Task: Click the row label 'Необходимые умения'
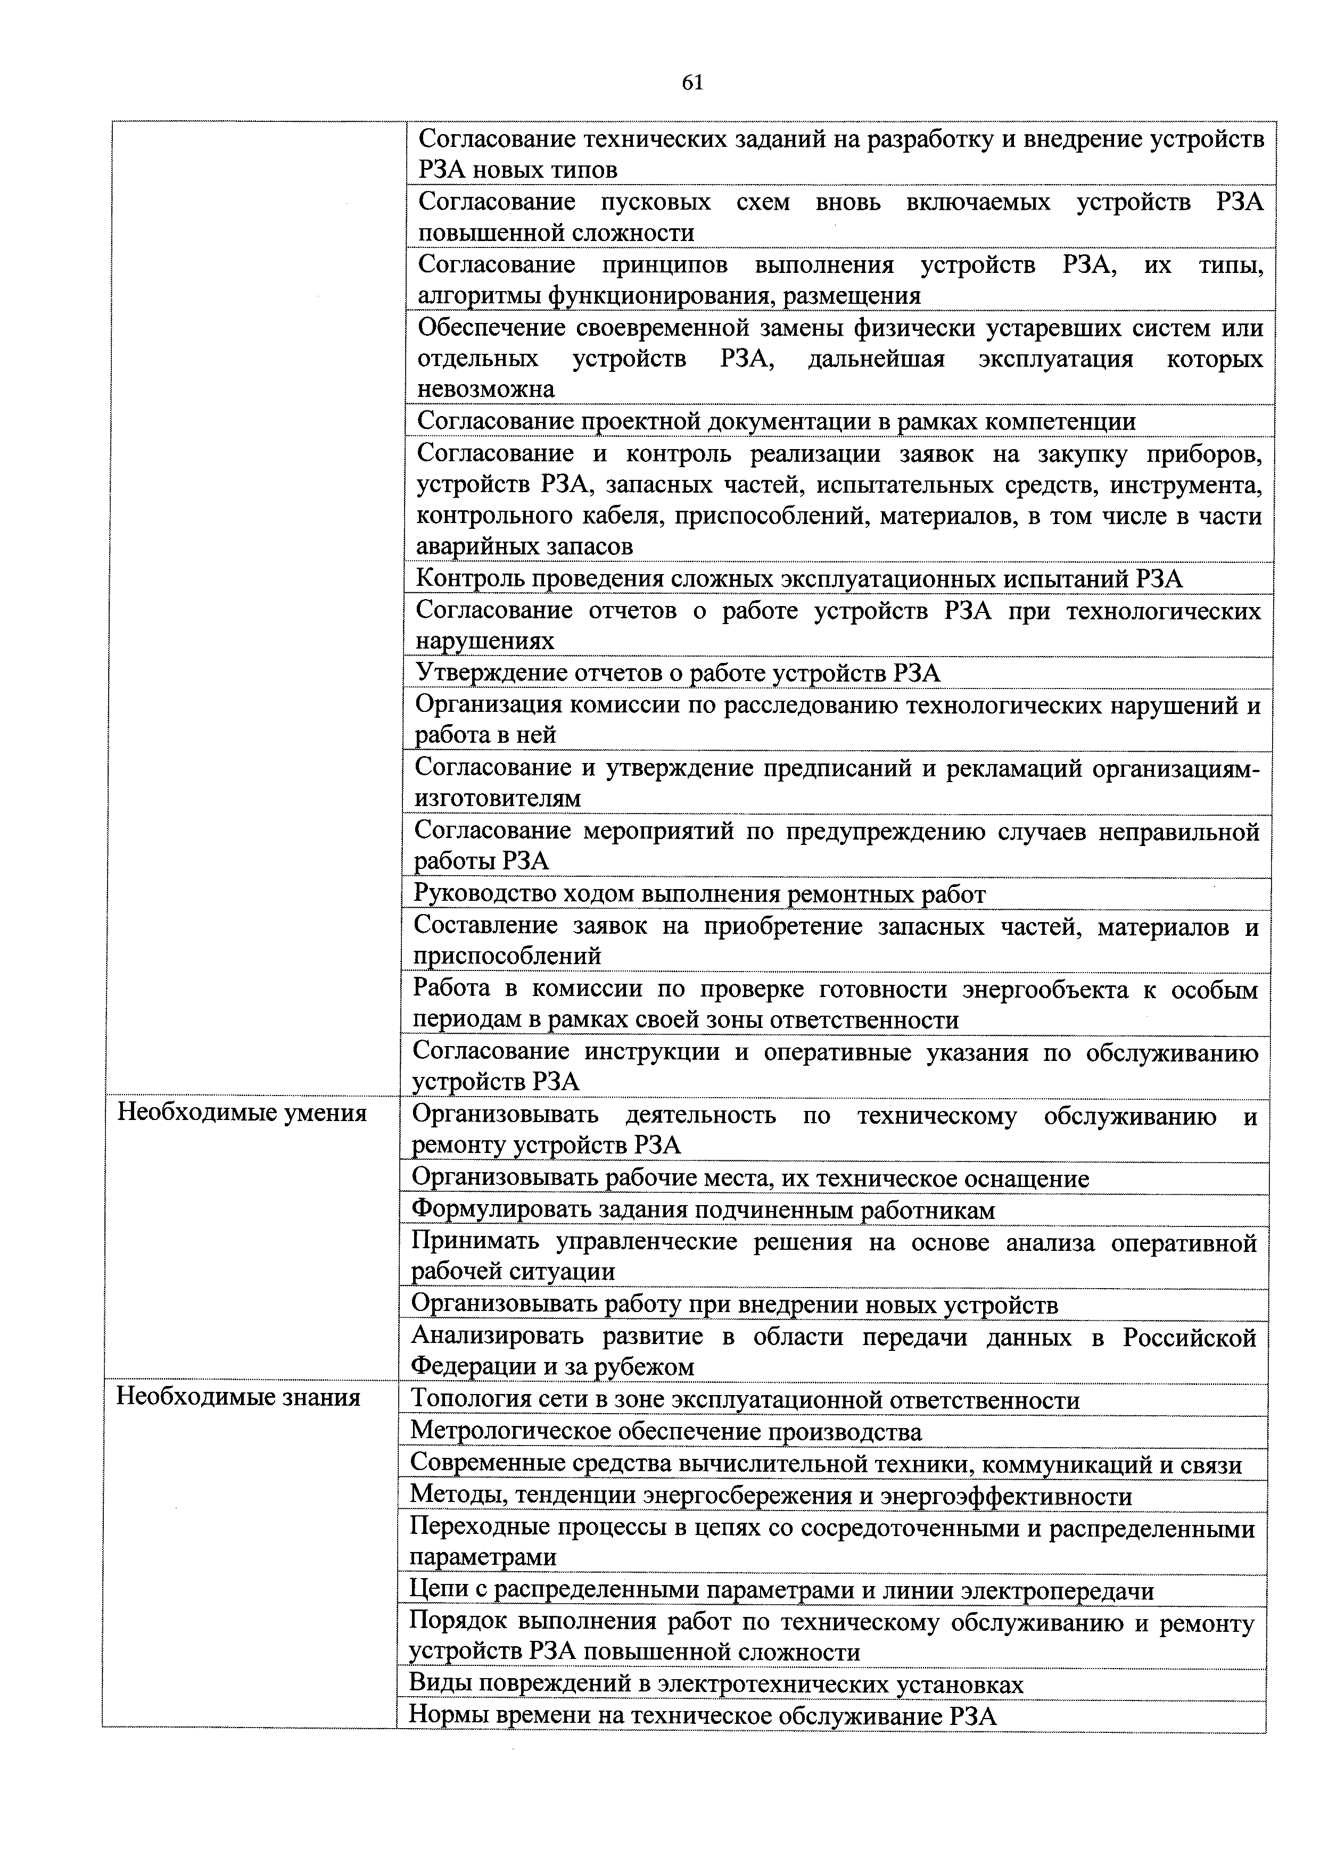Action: click(242, 1113)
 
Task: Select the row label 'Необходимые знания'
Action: click(238, 1398)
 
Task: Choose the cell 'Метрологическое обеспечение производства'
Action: click(666, 1431)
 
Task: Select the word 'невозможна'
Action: click(485, 389)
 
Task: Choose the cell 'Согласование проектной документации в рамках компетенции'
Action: click(776, 421)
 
